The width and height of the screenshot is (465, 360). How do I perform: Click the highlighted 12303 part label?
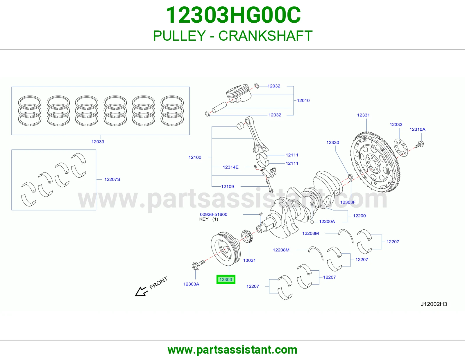[226, 279]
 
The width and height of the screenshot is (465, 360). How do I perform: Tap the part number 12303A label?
[191, 284]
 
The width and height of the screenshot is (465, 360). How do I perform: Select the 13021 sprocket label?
[249, 260]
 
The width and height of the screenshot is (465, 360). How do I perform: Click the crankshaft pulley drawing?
[226, 249]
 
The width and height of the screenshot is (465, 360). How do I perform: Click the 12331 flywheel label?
[363, 115]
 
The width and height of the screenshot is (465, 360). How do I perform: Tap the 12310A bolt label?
[417, 129]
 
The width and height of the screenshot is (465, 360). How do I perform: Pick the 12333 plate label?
[396, 125]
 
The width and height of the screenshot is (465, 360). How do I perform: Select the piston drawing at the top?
[238, 94]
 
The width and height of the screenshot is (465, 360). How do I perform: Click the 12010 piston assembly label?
[303, 100]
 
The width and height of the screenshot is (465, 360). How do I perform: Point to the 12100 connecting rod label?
[195, 157]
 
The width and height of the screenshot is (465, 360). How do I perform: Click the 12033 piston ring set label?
[98, 142]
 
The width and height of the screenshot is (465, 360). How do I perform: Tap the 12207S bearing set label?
[112, 179]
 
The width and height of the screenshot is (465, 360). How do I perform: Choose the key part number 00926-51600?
[214, 215]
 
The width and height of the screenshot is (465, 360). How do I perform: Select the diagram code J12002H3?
[434, 304]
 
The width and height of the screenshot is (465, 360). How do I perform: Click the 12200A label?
[327, 222]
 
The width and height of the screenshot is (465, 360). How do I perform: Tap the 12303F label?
[348, 202]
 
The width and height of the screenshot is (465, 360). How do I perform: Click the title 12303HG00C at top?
[233, 15]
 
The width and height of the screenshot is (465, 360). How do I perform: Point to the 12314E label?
[230, 167]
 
